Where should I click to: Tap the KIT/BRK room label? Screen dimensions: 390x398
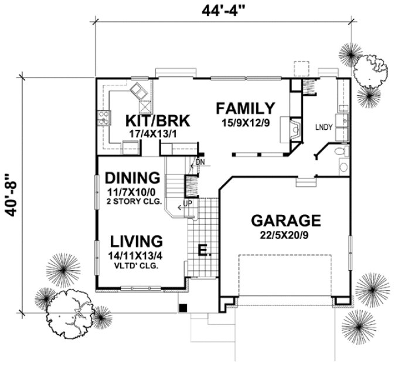[158, 121]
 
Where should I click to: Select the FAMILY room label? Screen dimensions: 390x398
[245, 108]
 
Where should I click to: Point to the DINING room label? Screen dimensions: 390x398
[132, 177]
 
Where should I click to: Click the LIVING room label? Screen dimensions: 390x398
[135, 241]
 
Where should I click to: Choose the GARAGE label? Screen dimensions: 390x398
[286, 221]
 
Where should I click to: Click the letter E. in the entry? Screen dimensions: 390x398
[203, 251]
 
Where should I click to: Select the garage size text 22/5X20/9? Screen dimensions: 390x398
[286, 234]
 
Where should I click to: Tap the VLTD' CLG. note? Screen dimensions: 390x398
[136, 265]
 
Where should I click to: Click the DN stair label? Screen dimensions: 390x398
[200, 162]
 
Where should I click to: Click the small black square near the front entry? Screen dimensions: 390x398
[183, 307]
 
